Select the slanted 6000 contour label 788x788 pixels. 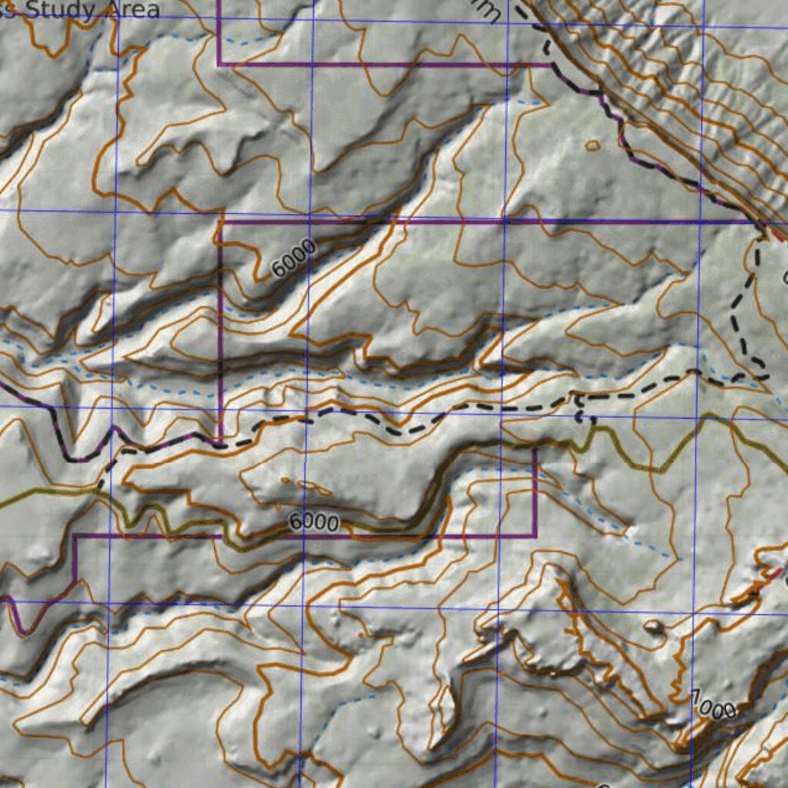point(293,259)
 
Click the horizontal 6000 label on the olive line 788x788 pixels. point(314,523)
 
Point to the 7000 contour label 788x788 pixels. point(713,705)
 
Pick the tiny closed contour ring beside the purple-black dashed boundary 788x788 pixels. point(592,145)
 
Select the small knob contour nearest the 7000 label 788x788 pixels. point(654,627)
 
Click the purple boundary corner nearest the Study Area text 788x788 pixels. point(219,65)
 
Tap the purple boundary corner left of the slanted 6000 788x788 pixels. point(221,222)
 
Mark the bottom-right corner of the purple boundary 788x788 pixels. point(535,535)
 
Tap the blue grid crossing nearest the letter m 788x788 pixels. point(507,22)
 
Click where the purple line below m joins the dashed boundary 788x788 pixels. point(551,65)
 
